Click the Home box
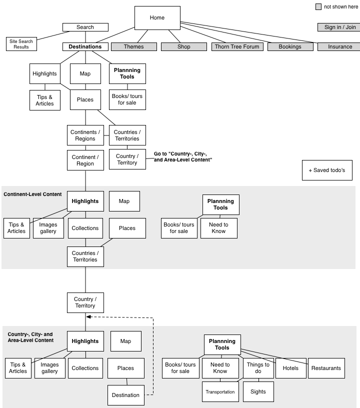(157, 17)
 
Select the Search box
(85, 27)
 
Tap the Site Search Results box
(21, 44)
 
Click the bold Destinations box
(85, 46)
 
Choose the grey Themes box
(134, 46)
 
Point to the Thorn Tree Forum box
(237, 46)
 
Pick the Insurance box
(339, 46)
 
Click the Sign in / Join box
(339, 27)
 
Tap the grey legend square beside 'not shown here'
(318, 7)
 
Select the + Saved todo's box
(327, 170)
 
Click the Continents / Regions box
(85, 135)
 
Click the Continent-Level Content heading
(32, 194)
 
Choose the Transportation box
(220, 392)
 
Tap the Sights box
(258, 392)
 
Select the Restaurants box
(326, 368)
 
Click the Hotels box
(291, 368)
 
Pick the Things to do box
(258, 368)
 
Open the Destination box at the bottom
(126, 395)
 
